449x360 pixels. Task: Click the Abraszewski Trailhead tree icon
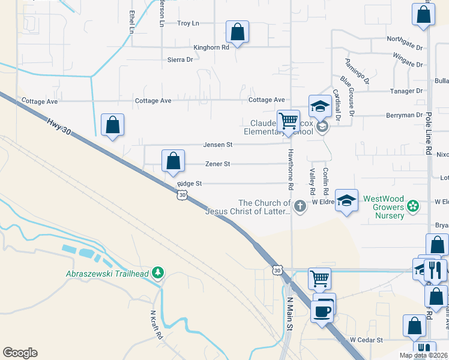(158, 273)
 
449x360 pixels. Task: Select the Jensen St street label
(217, 145)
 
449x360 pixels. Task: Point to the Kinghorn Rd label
(211, 47)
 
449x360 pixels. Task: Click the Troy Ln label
(187, 23)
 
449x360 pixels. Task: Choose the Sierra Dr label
(180, 59)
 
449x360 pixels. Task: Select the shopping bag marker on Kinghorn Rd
(238, 32)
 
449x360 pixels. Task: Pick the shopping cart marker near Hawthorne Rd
(289, 121)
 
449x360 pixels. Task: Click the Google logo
(20, 353)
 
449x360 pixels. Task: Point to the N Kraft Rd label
(157, 325)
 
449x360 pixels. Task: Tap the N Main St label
(289, 314)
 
